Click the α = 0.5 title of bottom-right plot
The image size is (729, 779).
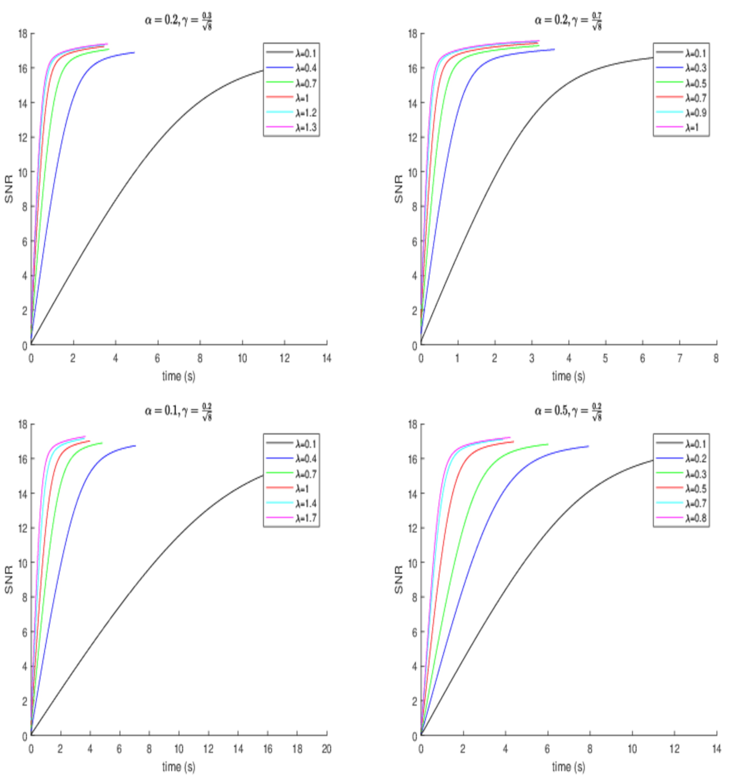click(x=568, y=411)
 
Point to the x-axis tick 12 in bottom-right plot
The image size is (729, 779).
click(x=674, y=749)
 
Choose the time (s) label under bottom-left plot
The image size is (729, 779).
click(x=178, y=766)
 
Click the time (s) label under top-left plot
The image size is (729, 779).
click(x=178, y=376)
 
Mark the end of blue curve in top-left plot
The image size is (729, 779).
click(x=134, y=52)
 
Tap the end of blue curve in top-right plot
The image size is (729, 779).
click(x=554, y=49)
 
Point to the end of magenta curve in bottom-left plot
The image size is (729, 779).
click(x=85, y=436)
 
